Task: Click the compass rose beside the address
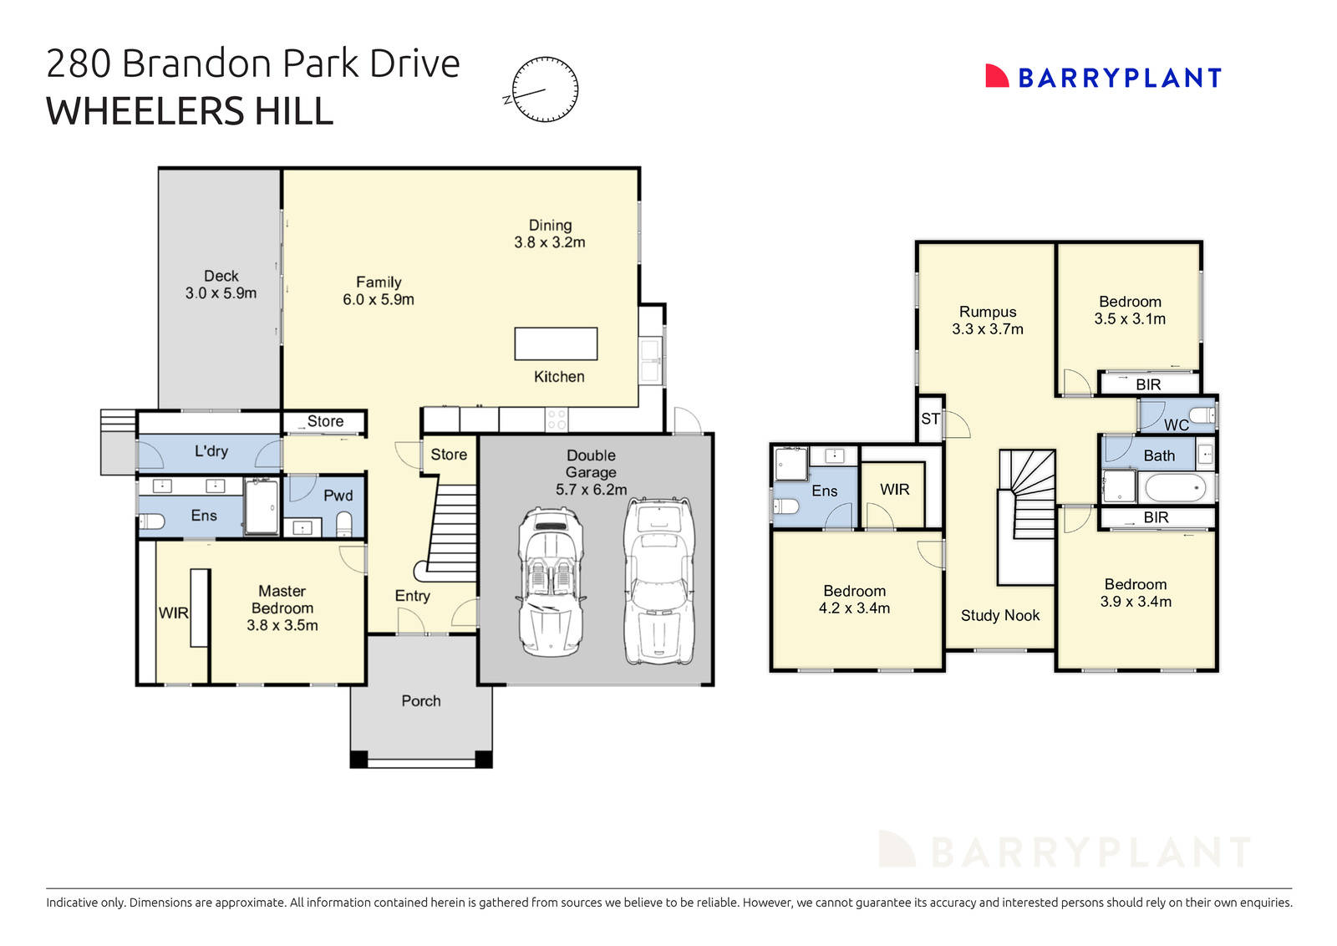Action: click(544, 89)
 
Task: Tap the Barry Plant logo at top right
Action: click(1103, 78)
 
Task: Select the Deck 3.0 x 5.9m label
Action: click(221, 284)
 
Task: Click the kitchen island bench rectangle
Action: click(556, 343)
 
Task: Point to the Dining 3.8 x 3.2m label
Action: click(550, 234)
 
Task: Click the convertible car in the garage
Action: click(551, 581)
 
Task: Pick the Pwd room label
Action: click(338, 496)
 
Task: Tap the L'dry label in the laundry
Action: click(211, 451)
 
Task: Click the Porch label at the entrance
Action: click(420, 701)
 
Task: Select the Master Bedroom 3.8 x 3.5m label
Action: click(282, 608)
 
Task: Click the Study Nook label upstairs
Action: click(999, 616)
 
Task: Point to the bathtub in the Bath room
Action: click(1174, 487)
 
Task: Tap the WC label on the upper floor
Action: click(1176, 425)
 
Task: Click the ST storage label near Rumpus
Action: click(930, 419)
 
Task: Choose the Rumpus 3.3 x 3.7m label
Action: click(987, 321)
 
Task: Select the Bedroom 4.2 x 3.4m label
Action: click(854, 600)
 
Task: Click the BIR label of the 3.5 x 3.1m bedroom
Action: click(1147, 384)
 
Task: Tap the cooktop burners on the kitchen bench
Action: click(557, 420)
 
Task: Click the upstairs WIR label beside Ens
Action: click(894, 490)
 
